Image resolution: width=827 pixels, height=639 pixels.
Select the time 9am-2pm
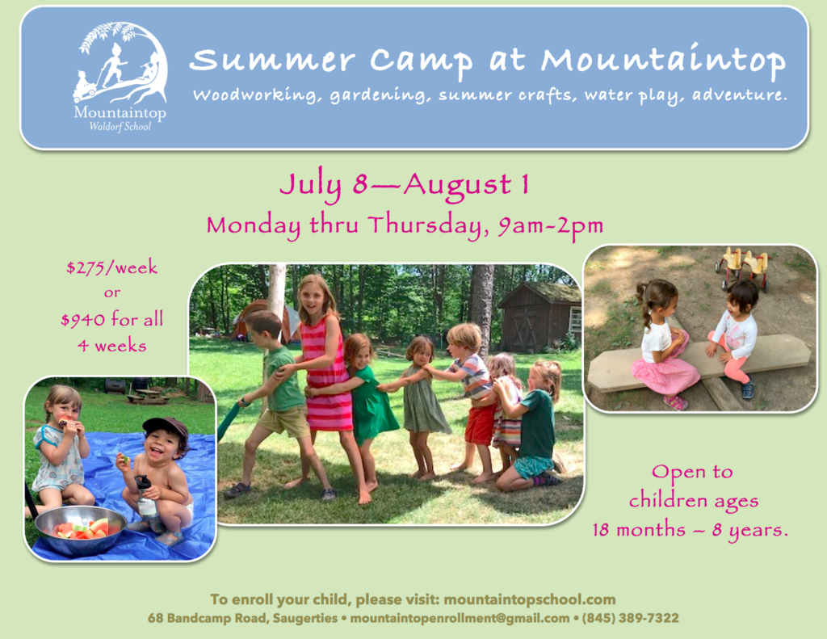pyautogui.click(x=551, y=225)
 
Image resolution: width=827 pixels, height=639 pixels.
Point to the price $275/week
pyautogui.click(x=111, y=267)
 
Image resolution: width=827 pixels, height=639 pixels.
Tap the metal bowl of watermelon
pyautogui.click(x=80, y=529)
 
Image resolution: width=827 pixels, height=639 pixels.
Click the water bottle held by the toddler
pyautogui.click(x=145, y=497)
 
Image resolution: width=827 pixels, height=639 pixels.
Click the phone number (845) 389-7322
pyautogui.click(x=630, y=618)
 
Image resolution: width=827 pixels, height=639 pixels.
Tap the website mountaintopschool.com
pyautogui.click(x=530, y=599)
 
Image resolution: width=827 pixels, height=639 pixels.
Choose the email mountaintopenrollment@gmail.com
pyautogui.click(x=460, y=618)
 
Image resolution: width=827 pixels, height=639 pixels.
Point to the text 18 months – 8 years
pyautogui.click(x=690, y=529)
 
